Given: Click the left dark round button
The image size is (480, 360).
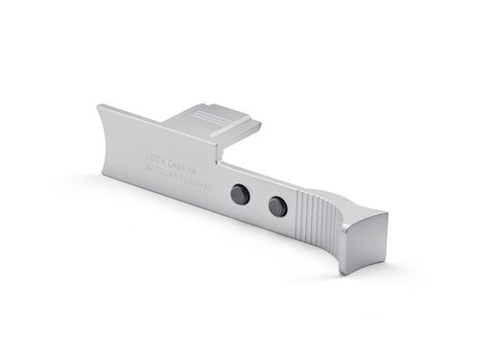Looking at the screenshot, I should click(x=241, y=196).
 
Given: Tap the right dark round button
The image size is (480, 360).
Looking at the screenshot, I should click(x=277, y=205).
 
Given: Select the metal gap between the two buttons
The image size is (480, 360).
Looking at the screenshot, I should click(x=259, y=201).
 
